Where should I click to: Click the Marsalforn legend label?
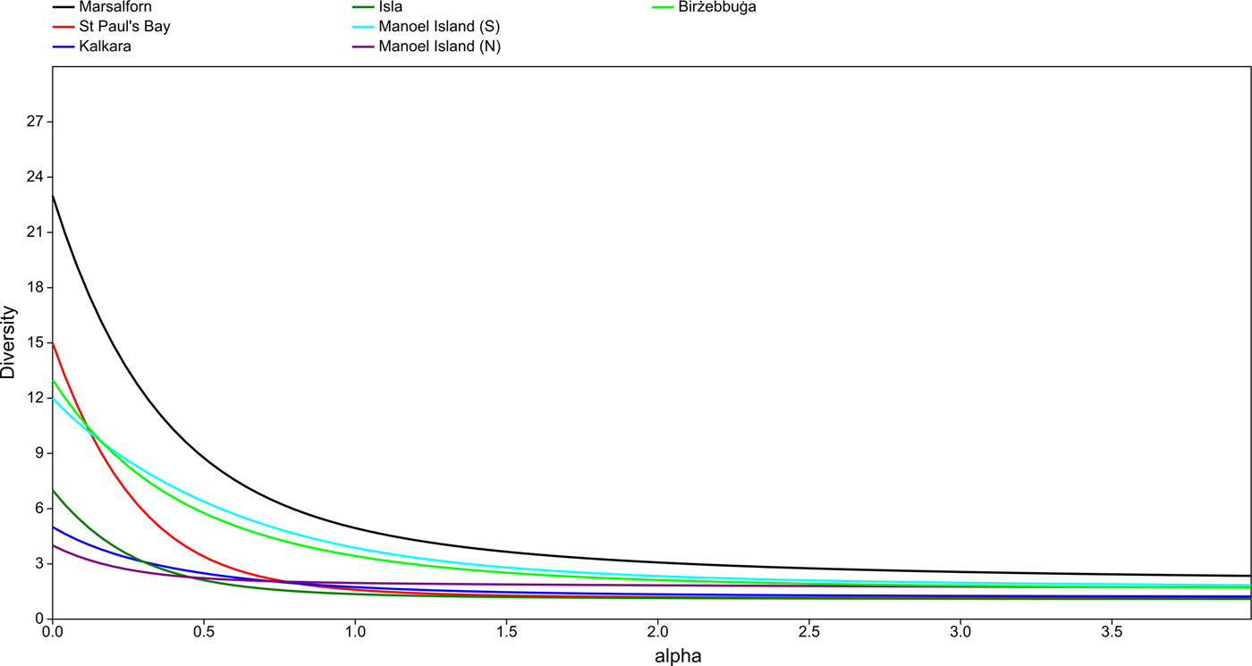coord(115,7)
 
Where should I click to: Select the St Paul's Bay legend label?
coord(124,27)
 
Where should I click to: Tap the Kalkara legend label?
coord(105,46)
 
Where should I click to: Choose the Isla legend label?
coord(391,7)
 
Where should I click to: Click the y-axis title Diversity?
coord(9,342)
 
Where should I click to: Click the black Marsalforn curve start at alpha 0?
coord(53,196)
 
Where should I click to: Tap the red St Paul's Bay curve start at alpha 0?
coord(53,343)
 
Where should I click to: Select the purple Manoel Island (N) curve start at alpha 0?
coord(53,545)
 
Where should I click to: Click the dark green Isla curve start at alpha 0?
coord(53,490)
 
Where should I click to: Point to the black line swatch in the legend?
coord(63,7)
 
